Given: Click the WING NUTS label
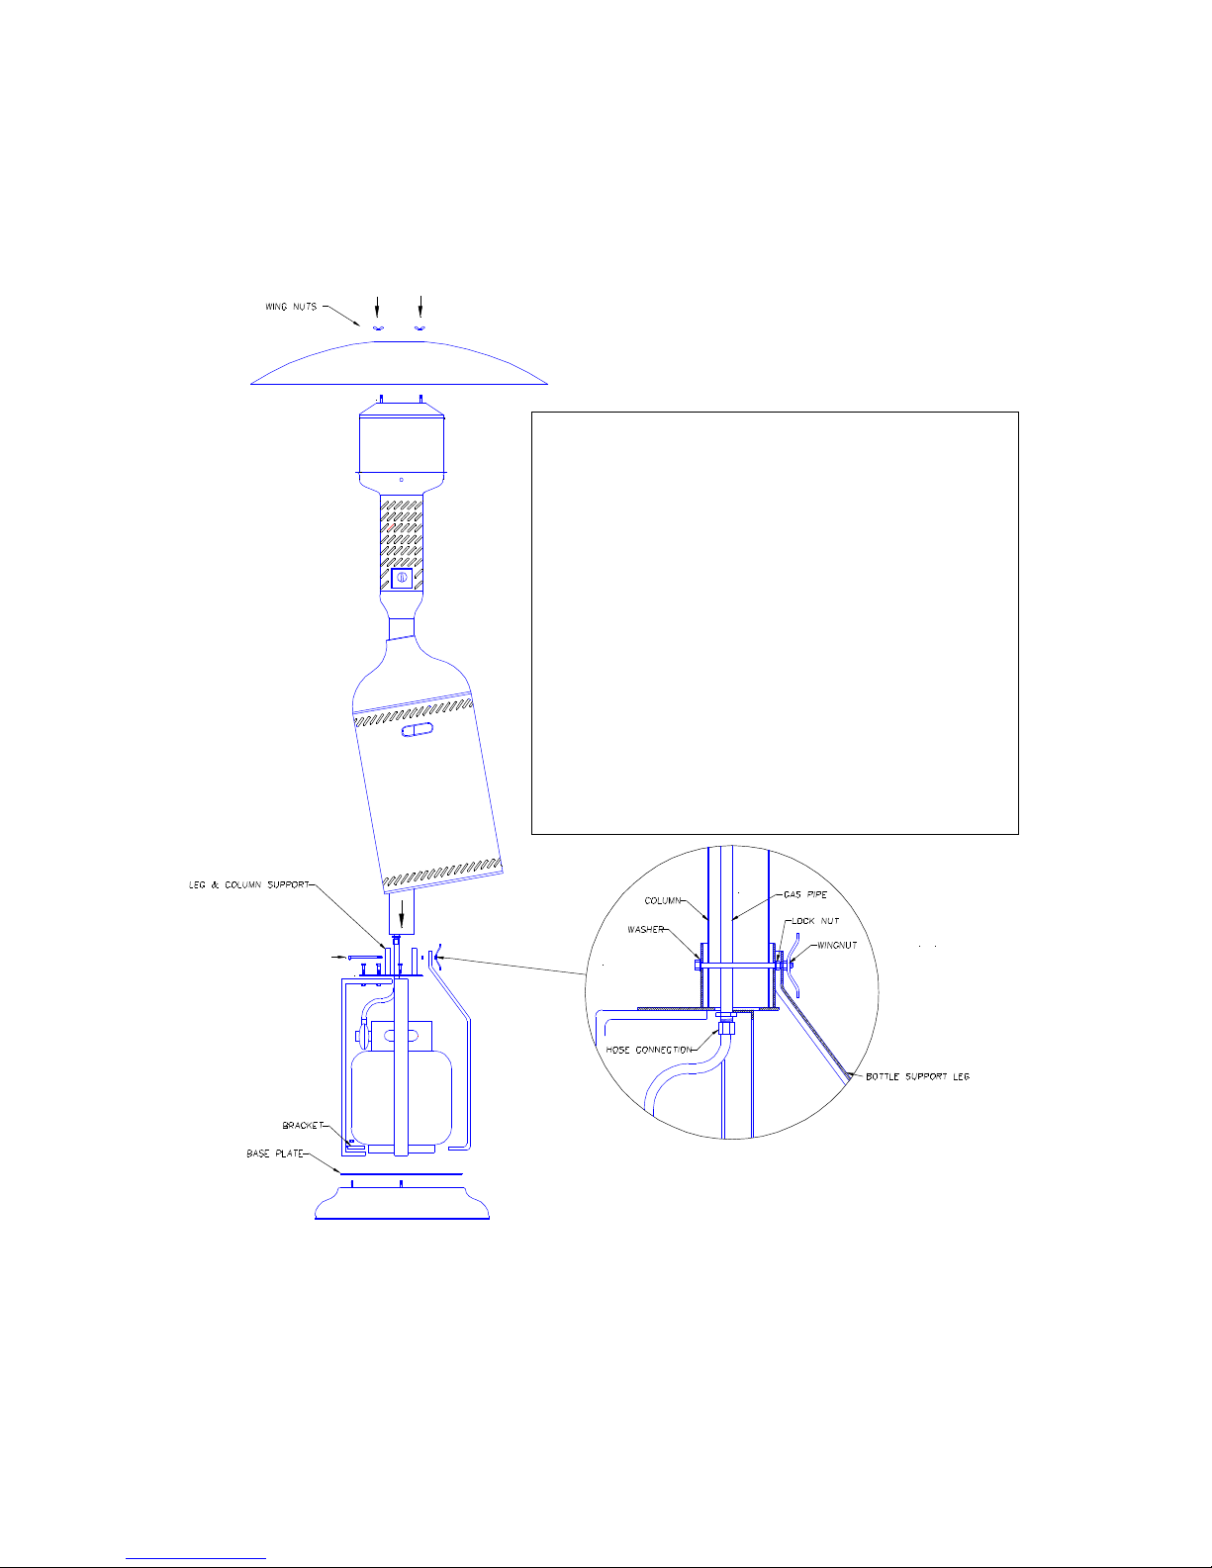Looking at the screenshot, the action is point(291,307).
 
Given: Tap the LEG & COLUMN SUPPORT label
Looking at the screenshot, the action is point(249,884).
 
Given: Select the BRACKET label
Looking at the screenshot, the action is point(303,1126).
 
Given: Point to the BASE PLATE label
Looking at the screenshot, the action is point(275,1153).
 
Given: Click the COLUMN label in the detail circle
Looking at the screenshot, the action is point(662,900).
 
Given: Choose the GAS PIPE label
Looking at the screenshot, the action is point(805,894).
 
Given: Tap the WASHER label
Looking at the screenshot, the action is point(645,929).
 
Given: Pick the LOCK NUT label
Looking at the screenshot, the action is point(815,921).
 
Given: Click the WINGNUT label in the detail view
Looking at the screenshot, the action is point(837,946).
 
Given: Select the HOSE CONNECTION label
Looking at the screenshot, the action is point(649,1050).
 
